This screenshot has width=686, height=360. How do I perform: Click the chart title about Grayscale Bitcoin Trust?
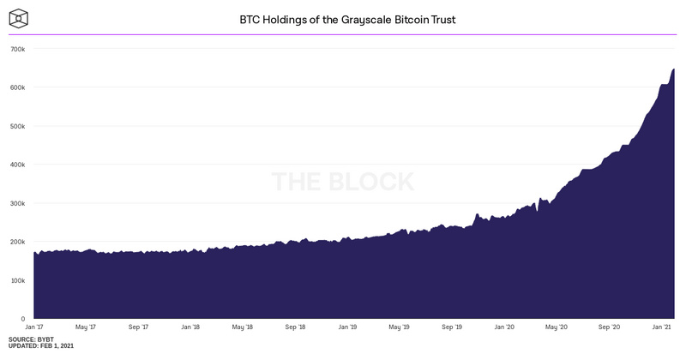[342, 18]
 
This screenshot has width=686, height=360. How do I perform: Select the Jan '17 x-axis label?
[35, 327]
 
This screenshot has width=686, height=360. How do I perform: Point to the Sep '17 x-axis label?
[139, 327]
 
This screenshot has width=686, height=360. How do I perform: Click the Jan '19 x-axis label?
[348, 327]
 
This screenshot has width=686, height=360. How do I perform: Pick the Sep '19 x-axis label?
[453, 327]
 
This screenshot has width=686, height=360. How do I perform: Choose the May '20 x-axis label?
[557, 327]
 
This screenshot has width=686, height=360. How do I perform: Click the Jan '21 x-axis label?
[662, 327]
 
